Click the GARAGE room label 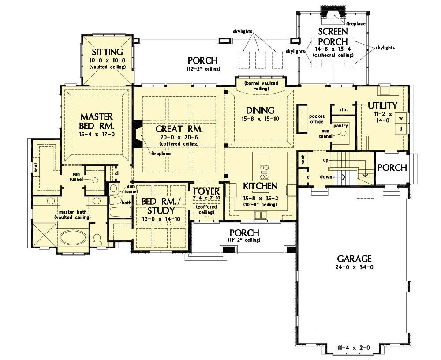[x=355, y=259]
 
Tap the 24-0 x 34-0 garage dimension [x=355, y=267]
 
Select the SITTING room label [x=108, y=52]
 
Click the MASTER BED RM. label [x=97, y=121]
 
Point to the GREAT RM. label [x=179, y=129]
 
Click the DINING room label [x=260, y=110]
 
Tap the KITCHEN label [x=260, y=186]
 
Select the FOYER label [x=206, y=191]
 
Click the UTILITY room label [x=382, y=105]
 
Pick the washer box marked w [x=401, y=118]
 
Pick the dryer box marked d [x=401, y=129]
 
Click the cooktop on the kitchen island [x=264, y=172]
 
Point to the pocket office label [x=317, y=119]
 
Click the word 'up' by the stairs [x=326, y=161]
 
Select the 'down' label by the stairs [x=326, y=177]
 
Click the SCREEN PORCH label [x=333, y=36]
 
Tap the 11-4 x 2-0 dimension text [x=354, y=348]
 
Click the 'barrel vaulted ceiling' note [x=261, y=86]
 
